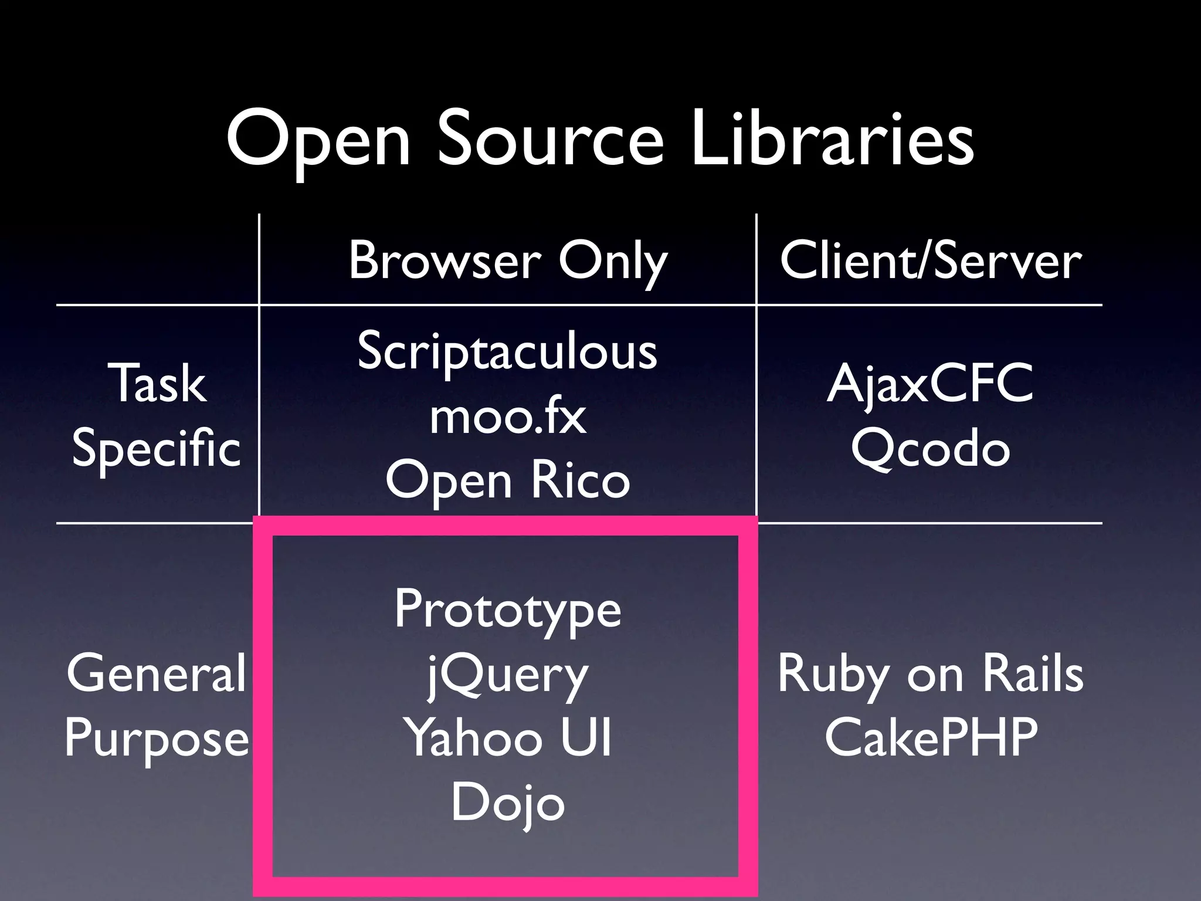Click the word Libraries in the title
pos(832,141)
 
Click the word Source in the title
pos(549,141)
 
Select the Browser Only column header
pos(508,262)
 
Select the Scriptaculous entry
pos(507,352)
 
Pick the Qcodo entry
pos(930,449)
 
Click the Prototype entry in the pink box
pos(507,610)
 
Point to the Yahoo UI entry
pos(507,738)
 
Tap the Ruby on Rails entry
pos(930,675)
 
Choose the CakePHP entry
pos(931,738)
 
